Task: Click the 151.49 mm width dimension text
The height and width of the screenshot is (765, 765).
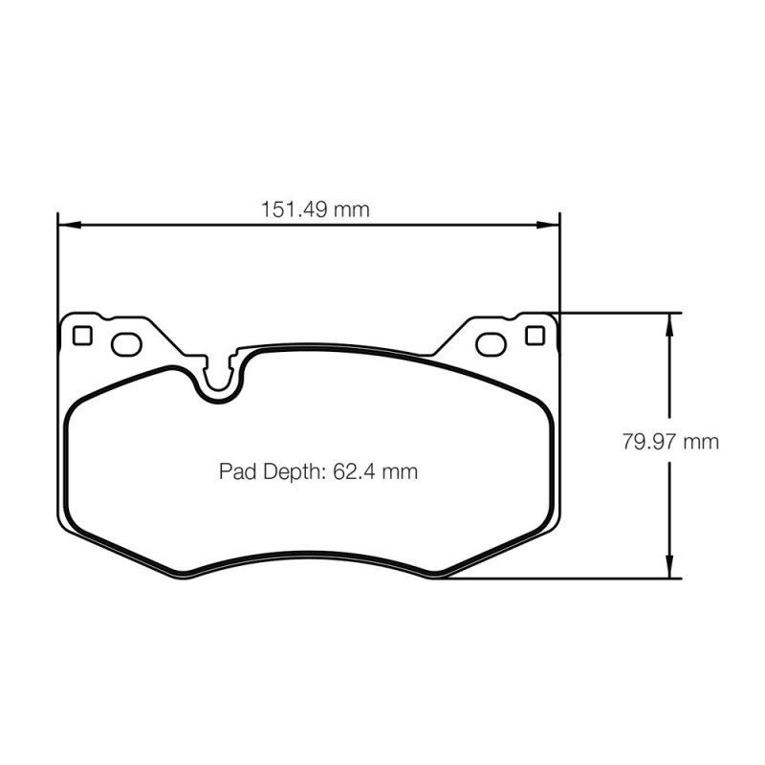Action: pyautogui.click(x=316, y=209)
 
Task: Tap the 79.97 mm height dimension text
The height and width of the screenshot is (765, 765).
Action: pyautogui.click(x=670, y=442)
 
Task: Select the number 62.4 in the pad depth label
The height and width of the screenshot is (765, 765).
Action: pyautogui.click(x=351, y=471)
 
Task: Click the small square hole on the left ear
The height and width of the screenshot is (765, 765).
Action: pyautogui.click(x=82, y=336)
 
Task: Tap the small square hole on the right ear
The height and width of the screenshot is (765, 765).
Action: pyautogui.click(x=535, y=336)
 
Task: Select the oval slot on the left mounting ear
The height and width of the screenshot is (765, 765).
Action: pyautogui.click(x=126, y=344)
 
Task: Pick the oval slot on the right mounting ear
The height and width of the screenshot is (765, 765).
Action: pyautogui.click(x=491, y=344)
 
